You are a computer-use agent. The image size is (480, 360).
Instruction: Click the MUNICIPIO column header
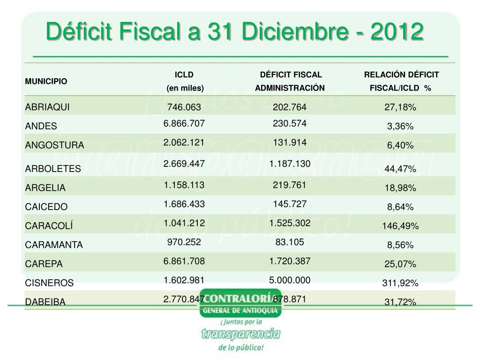tap(46, 81)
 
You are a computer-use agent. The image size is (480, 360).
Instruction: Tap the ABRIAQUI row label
tap(47, 107)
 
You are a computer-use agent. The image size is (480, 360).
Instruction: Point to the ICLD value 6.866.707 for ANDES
tap(184, 124)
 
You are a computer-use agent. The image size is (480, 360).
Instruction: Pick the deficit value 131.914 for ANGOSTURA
tap(290, 143)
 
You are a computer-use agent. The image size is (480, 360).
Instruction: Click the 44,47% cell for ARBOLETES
tap(400, 169)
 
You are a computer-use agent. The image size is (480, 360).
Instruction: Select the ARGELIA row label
tap(45, 188)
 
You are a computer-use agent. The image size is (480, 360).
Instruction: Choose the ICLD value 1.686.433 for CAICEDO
tap(184, 204)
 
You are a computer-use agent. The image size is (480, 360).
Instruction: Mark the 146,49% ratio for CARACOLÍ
tap(400, 226)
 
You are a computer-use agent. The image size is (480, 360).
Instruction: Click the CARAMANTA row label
tap(54, 245)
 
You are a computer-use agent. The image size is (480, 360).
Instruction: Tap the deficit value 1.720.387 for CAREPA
tap(290, 261)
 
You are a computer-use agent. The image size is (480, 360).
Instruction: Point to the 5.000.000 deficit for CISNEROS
tap(290, 280)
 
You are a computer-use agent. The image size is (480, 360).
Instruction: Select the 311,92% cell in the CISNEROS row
tap(400, 283)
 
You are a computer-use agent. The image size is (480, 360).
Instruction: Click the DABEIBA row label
tap(45, 302)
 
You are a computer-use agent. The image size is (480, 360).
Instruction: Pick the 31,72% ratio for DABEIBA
tap(400, 302)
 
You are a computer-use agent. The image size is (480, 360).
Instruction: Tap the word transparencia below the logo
tap(240, 334)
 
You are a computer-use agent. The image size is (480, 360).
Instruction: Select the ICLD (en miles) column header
tap(184, 81)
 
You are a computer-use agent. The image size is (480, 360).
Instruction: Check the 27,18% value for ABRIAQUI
tap(400, 107)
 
